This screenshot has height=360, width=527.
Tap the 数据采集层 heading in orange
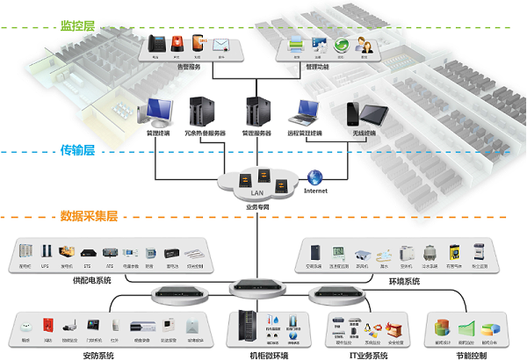(x=89, y=215)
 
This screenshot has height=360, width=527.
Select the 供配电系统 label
(x=92, y=280)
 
